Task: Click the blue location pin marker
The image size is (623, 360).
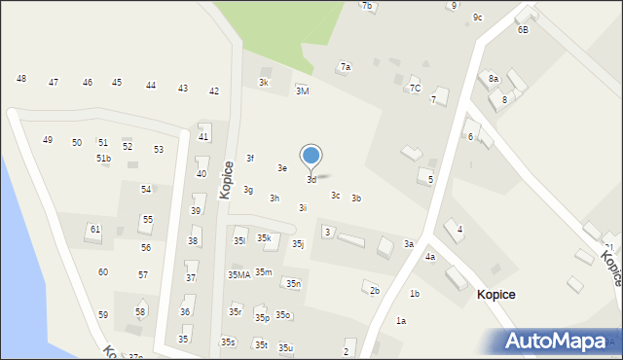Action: pyautogui.click(x=311, y=156)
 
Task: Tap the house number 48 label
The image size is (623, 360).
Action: pyautogui.click(x=21, y=79)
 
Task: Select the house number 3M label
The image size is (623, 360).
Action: pyautogui.click(x=302, y=90)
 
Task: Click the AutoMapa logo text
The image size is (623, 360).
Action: pyautogui.click(x=561, y=342)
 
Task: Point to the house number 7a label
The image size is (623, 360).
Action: pyautogui.click(x=345, y=67)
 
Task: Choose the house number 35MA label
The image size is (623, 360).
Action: pyautogui.click(x=238, y=275)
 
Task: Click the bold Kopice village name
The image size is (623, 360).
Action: pyautogui.click(x=495, y=294)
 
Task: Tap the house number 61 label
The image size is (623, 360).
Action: pyautogui.click(x=94, y=230)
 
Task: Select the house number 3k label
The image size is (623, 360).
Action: pyautogui.click(x=263, y=83)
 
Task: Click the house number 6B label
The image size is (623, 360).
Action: pyautogui.click(x=523, y=30)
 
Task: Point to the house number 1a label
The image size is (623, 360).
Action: pyautogui.click(x=400, y=321)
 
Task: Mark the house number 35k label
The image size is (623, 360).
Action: pyautogui.click(x=264, y=238)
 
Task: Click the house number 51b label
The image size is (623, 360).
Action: pyautogui.click(x=103, y=159)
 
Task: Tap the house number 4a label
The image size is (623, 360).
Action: pyautogui.click(x=429, y=257)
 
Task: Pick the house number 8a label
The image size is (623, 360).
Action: pyautogui.click(x=494, y=79)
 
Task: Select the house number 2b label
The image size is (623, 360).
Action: pyautogui.click(x=374, y=290)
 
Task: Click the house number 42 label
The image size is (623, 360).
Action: pyautogui.click(x=214, y=91)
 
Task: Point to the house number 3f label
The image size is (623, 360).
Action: pyautogui.click(x=249, y=158)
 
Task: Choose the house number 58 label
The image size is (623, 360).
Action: pyautogui.click(x=140, y=312)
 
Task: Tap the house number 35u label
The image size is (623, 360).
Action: pyautogui.click(x=285, y=348)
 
